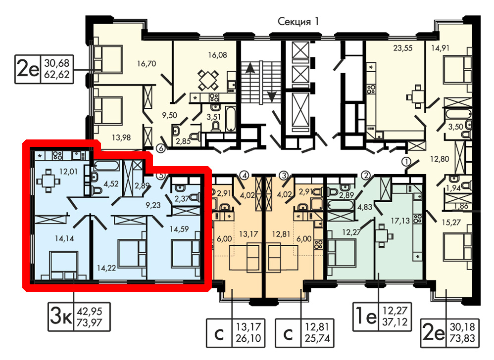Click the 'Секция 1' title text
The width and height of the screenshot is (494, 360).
[298, 21]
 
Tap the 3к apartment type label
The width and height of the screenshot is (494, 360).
[60, 316]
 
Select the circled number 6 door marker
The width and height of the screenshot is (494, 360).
[161, 148]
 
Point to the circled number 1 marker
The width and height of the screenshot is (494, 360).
[406, 162]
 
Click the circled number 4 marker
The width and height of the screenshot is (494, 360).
[244, 175]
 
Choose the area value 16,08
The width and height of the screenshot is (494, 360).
[217, 55]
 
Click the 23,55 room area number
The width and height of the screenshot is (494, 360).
[402, 48]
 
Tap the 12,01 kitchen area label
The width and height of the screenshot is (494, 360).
[68, 172]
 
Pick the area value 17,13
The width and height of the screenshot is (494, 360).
[400, 221]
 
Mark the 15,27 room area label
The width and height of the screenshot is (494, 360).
[451, 223]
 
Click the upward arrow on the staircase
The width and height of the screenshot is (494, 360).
[250, 68]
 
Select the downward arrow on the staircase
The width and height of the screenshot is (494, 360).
[272, 95]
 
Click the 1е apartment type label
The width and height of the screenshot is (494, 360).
[366, 316]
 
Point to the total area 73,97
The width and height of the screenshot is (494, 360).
[89, 323]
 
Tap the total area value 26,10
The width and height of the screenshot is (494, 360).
[248, 338]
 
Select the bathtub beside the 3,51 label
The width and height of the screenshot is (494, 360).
[231, 119]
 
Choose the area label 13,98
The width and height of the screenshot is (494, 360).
[121, 137]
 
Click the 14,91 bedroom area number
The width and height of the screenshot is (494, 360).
[440, 48]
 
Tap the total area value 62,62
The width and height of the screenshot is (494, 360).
[57, 75]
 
